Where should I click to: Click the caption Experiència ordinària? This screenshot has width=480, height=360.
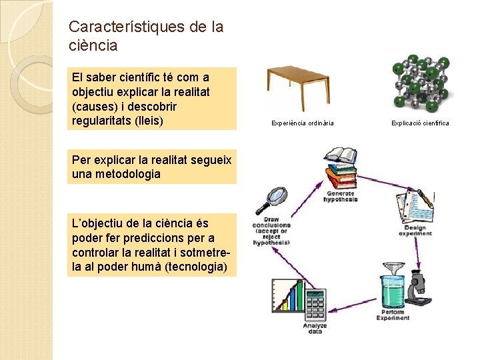[x=302, y=123]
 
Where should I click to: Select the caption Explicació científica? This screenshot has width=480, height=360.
[x=420, y=123]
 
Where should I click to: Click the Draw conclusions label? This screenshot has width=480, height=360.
[x=271, y=231]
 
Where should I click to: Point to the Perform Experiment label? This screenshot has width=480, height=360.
[x=393, y=315]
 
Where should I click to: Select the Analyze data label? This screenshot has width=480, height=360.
[x=315, y=328]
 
